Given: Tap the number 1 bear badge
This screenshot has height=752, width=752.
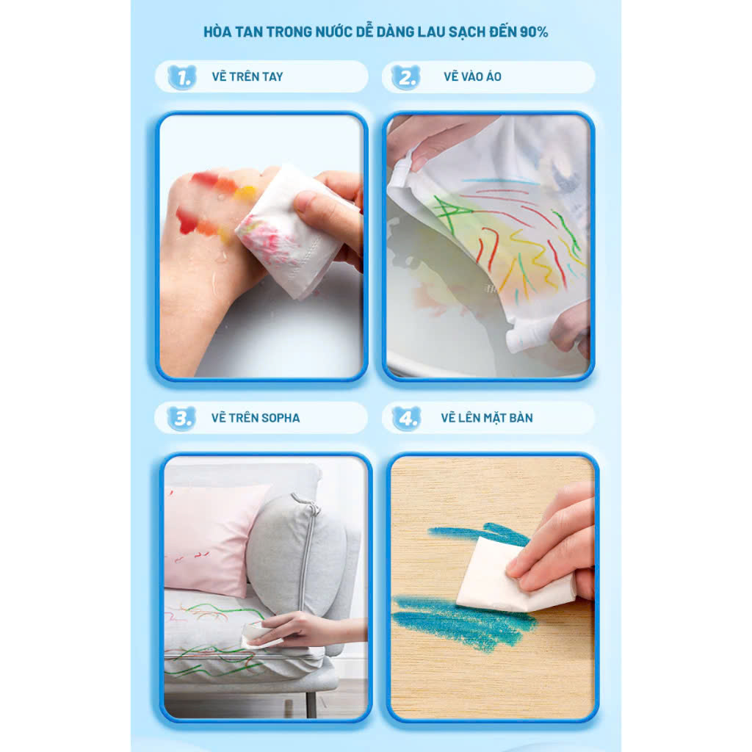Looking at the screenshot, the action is pos(182,76).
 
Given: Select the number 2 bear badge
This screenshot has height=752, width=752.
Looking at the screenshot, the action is pos(405,76).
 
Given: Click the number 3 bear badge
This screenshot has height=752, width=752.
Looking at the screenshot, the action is pos(181,418).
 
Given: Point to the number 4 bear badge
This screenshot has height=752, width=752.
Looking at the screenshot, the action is pos(406,418).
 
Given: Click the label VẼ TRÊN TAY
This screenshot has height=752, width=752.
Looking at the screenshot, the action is pos(247,76).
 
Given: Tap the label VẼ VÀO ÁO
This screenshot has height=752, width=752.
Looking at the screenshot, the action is pos(472,76).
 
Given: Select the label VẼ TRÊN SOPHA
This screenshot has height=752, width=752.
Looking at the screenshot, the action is pos(256,418).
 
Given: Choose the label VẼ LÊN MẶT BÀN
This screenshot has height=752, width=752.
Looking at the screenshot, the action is pos(487,418).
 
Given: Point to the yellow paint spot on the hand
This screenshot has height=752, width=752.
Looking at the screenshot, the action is pos(245,193).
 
